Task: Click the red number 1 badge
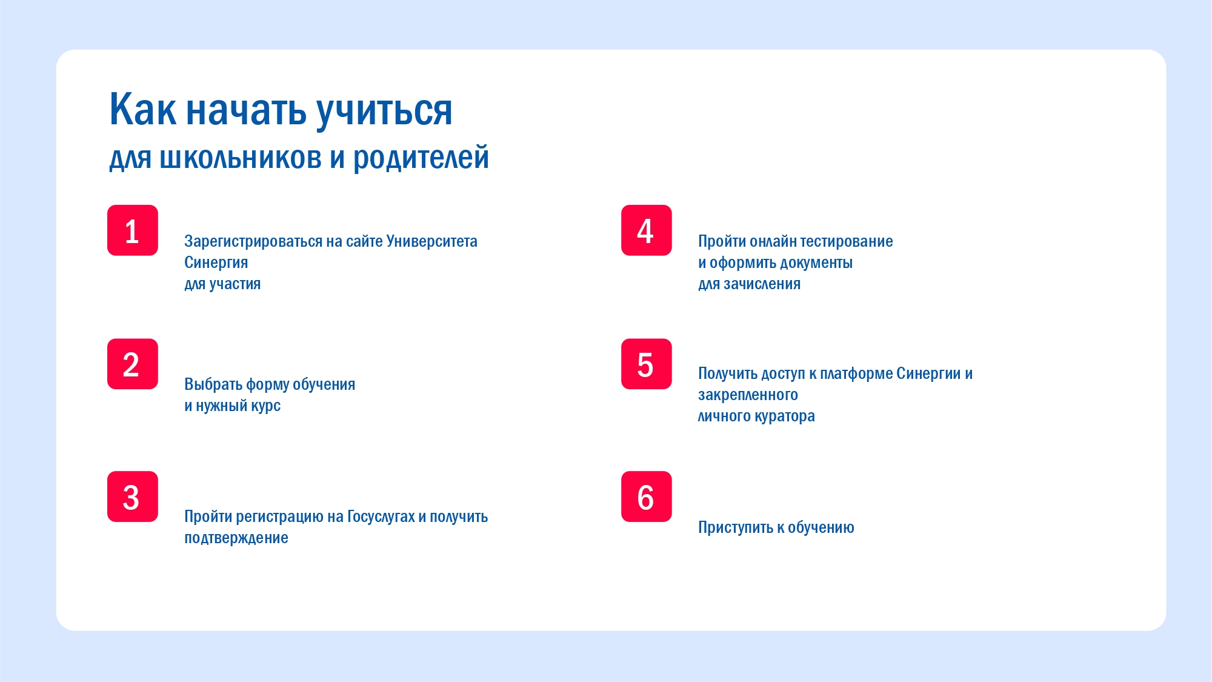(133, 230)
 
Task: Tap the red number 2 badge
(133, 364)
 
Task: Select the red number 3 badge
(133, 496)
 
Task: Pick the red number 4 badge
(647, 230)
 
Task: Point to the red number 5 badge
(647, 364)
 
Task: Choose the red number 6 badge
(647, 496)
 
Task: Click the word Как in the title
(142, 110)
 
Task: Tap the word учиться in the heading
(384, 112)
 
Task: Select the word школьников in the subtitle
(241, 158)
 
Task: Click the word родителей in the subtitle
(421, 158)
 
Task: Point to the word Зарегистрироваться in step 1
(253, 242)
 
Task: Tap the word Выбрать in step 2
(213, 384)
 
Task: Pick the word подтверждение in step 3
(236, 538)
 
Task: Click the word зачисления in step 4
(762, 284)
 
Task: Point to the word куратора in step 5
(785, 416)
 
